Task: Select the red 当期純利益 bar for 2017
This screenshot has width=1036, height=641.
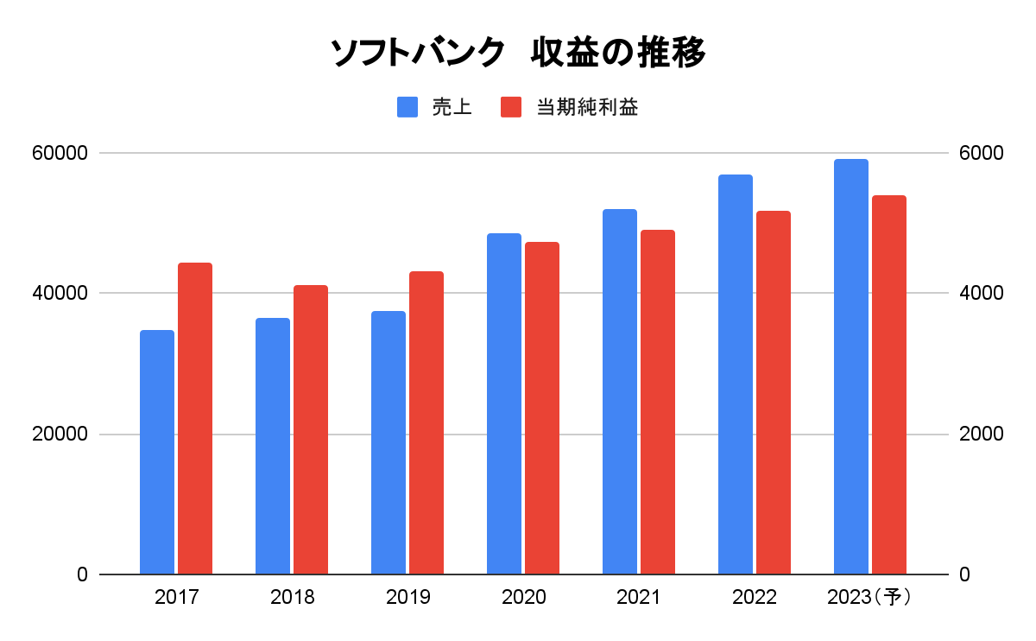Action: pyautogui.click(x=195, y=418)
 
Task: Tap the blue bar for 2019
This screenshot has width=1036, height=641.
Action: pyautogui.click(x=388, y=442)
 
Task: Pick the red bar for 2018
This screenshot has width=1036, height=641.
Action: pyautogui.click(x=311, y=429)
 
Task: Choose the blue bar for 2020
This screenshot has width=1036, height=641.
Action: pyautogui.click(x=504, y=403)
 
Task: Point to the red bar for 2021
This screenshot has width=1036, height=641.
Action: pyautogui.click(x=658, y=402)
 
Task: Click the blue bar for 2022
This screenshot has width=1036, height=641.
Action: pyautogui.click(x=736, y=374)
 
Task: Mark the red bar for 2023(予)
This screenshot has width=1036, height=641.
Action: pyautogui.click(x=889, y=384)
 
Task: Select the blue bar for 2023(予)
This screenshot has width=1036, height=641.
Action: pyautogui.click(x=851, y=366)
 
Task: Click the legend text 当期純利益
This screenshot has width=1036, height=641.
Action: pyautogui.click(x=587, y=107)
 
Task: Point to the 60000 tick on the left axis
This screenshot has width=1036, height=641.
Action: pyautogui.click(x=60, y=153)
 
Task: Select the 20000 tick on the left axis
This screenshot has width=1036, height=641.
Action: pyautogui.click(x=60, y=434)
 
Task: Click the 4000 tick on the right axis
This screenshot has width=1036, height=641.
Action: pyautogui.click(x=982, y=294)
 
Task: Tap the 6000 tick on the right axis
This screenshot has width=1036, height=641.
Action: pyautogui.click(x=982, y=153)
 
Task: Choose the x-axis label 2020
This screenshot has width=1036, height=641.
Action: pyautogui.click(x=523, y=597)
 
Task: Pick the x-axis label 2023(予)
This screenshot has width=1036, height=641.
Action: pyautogui.click(x=869, y=597)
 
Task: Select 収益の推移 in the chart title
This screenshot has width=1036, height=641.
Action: pyautogui.click(x=618, y=54)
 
